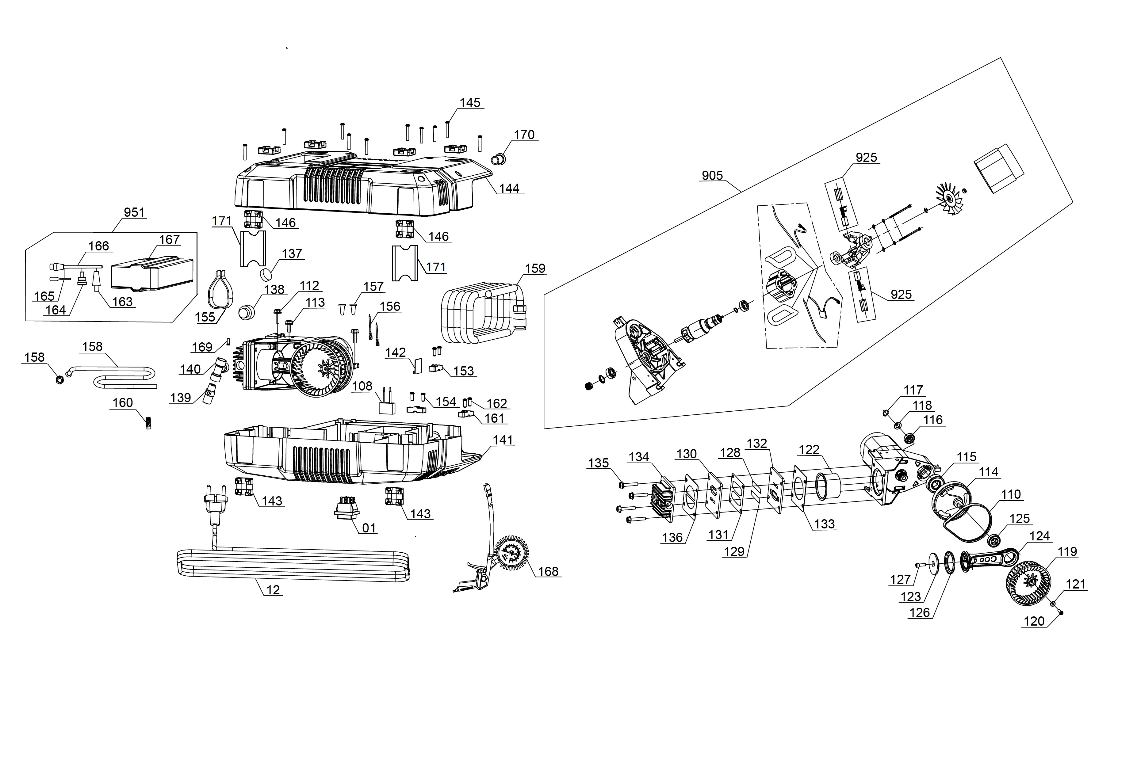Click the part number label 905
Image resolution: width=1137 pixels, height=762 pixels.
pyautogui.click(x=712, y=175)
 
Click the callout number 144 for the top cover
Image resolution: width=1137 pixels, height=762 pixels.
pyautogui.click(x=509, y=188)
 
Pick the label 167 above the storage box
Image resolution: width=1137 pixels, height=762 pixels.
pyautogui.click(x=169, y=240)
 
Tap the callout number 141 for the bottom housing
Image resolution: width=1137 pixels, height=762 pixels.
pyautogui.click(x=503, y=440)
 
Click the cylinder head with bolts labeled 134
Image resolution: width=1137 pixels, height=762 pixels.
pyautogui.click(x=662, y=501)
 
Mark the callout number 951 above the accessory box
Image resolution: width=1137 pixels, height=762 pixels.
pyautogui.click(x=134, y=212)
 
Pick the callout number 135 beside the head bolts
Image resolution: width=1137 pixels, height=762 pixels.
pyautogui.click(x=598, y=463)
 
